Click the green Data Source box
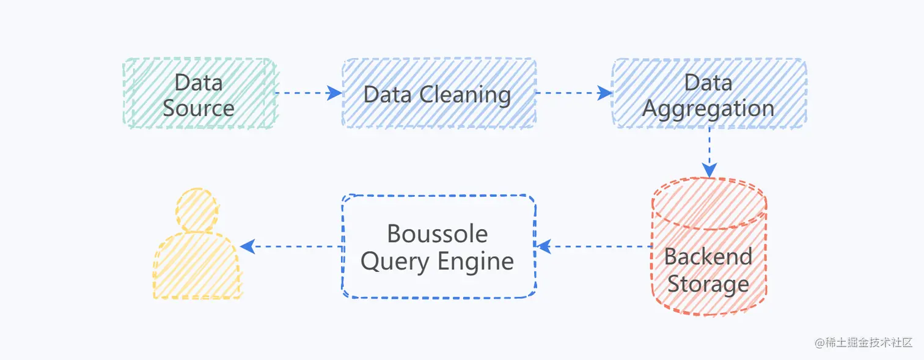point(199,94)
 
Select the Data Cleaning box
point(438,94)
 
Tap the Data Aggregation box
point(709,94)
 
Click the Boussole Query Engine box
point(438,246)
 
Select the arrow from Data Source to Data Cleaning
point(309,94)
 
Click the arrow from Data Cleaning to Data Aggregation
point(573,94)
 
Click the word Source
point(199,108)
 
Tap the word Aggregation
point(709,109)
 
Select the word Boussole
point(438,234)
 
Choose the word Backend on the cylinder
point(708,257)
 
